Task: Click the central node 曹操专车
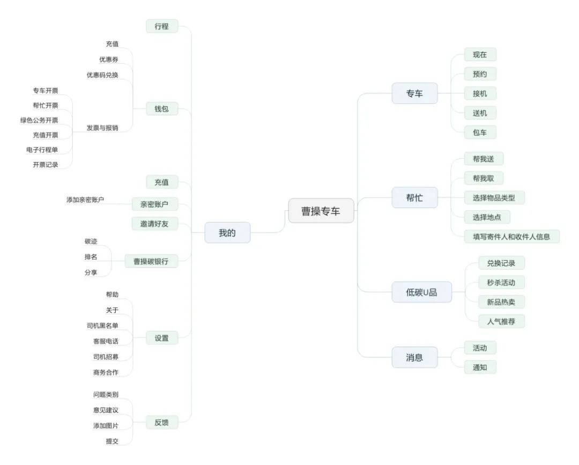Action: point(321,211)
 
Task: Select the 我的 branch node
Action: point(227,233)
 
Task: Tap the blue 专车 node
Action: point(414,93)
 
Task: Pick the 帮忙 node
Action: point(414,197)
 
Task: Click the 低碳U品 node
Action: point(421,292)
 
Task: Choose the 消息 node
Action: point(414,357)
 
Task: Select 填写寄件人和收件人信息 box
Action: point(511,236)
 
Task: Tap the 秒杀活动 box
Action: point(501,282)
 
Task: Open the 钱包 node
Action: point(161,109)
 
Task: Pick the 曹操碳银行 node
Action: point(151,261)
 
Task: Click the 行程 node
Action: point(161,26)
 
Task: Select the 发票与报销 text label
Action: point(102,128)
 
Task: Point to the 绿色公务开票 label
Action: point(39,120)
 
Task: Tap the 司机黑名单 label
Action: point(102,326)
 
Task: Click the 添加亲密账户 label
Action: point(85,200)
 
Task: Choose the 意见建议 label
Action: point(105,410)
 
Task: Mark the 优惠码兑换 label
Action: point(102,75)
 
